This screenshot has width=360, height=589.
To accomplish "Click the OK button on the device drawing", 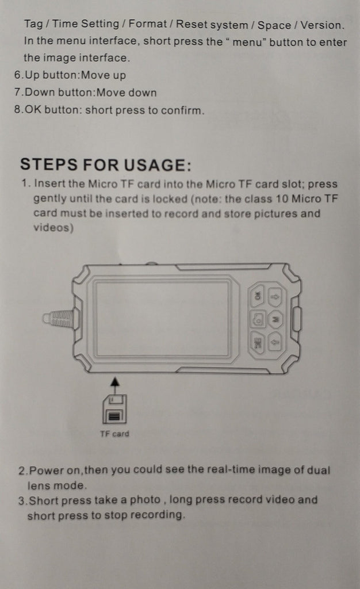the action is tap(257, 296).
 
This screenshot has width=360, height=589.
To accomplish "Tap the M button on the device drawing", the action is tap(276, 319).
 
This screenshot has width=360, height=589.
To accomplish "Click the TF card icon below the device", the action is tap(114, 410).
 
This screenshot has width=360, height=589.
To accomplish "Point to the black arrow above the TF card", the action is tap(115, 386).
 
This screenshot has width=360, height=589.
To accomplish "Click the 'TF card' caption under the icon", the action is tap(114, 434).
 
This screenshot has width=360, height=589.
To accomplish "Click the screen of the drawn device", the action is tap(162, 319).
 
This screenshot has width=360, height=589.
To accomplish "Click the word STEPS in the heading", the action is tap(49, 165).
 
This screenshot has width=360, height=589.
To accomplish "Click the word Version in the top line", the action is tap(322, 25).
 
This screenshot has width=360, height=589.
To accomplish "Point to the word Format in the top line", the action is tap(148, 24).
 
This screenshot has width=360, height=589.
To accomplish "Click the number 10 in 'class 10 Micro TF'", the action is tap(282, 198).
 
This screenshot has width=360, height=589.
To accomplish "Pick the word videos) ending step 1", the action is tap(53, 228).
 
